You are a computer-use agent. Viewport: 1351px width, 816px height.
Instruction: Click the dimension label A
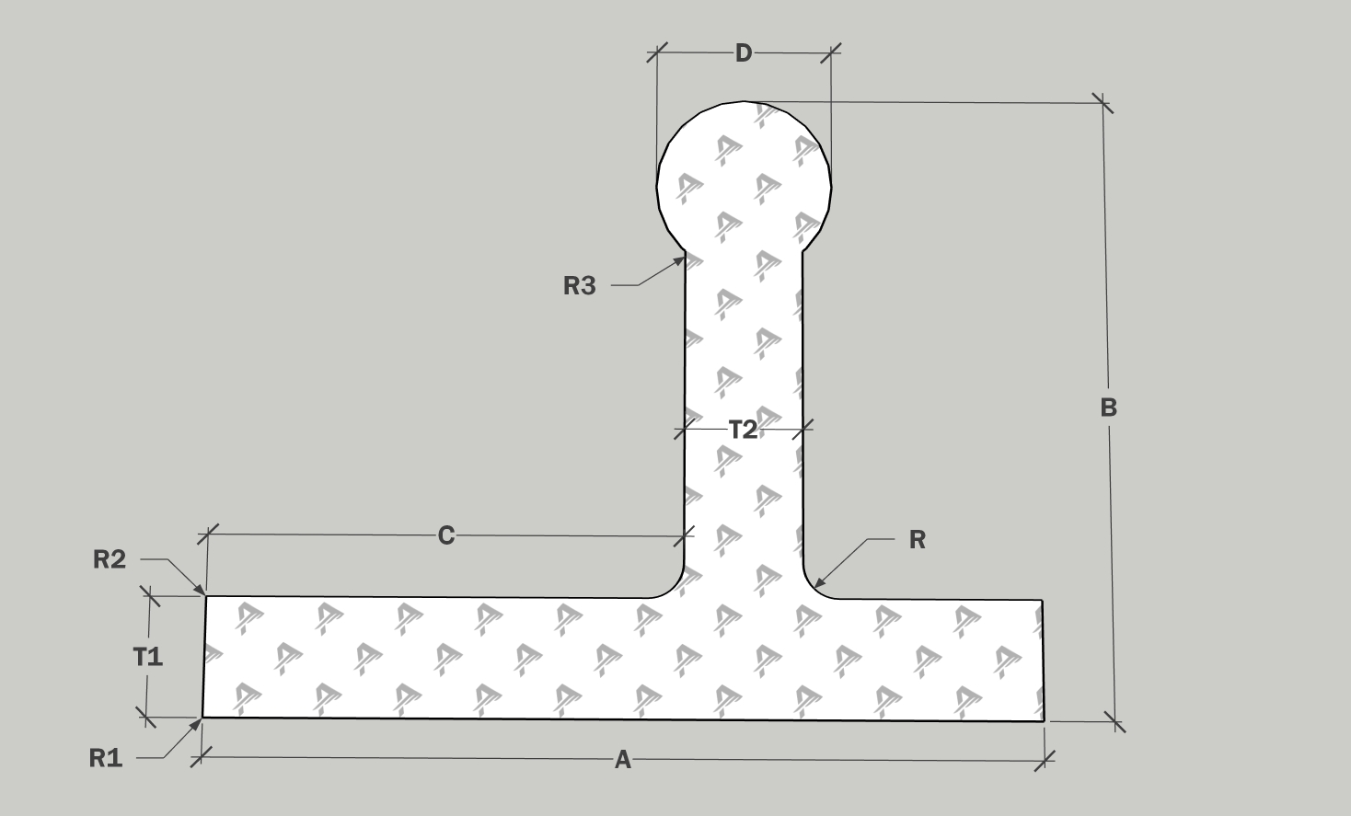pos(623,760)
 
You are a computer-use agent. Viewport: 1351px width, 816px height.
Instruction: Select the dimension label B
pos(1108,408)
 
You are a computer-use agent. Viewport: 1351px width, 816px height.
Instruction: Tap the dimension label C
pos(445,535)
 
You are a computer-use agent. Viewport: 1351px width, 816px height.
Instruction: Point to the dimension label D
pos(743,53)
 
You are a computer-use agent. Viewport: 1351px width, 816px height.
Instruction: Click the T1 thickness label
pos(148,656)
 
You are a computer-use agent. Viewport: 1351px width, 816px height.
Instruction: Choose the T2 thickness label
pos(743,429)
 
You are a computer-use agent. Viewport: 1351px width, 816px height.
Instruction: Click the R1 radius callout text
pos(106,758)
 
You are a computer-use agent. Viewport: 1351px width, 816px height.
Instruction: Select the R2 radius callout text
pos(110,558)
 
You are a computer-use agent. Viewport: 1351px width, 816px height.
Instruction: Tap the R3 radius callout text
pos(579,286)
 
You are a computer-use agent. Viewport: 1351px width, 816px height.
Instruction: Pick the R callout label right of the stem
pos(917,540)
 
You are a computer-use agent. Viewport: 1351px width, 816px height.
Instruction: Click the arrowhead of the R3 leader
pos(683,258)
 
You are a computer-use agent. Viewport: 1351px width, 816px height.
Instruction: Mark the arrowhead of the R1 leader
pos(200,719)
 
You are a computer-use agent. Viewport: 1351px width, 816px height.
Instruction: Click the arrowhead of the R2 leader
pos(203,592)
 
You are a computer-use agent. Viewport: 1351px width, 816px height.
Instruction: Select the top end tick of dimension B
pos(1102,103)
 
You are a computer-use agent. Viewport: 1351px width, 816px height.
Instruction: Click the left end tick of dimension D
pos(655,52)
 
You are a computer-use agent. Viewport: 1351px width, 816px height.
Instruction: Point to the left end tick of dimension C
pos(208,533)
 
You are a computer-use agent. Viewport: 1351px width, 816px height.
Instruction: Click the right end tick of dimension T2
pos(803,428)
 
